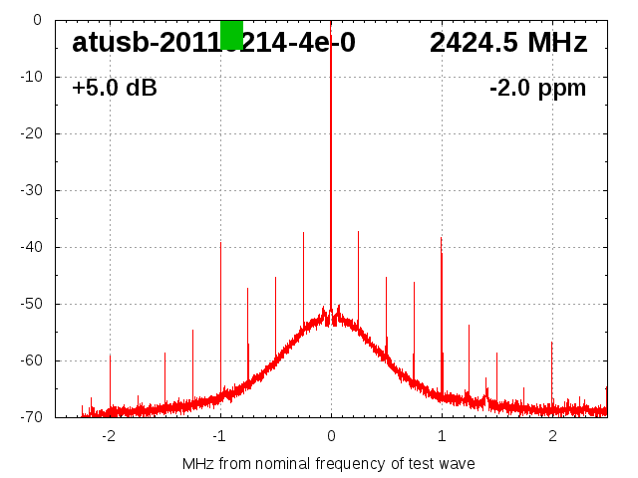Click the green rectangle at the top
pyautogui.click(x=231, y=34)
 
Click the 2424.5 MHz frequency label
pyautogui.click(x=508, y=43)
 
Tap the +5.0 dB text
pyautogui.click(x=115, y=88)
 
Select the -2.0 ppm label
pyautogui.click(x=537, y=88)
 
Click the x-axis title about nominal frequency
pyautogui.click(x=328, y=463)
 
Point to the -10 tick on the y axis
pyautogui.click(x=32, y=77)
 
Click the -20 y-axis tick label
pyautogui.click(x=32, y=133)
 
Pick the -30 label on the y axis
pyautogui.click(x=32, y=190)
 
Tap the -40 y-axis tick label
pyautogui.click(x=32, y=247)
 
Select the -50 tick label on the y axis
pyautogui.click(x=32, y=304)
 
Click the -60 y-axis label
pyautogui.click(x=32, y=360)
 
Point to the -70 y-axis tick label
pyautogui.click(x=32, y=417)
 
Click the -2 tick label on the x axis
pyautogui.click(x=108, y=435)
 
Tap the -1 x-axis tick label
pyautogui.click(x=218, y=435)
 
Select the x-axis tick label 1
pyautogui.click(x=442, y=435)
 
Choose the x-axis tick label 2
pyautogui.click(x=552, y=435)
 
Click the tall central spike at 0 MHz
pyautogui.click(x=331, y=149)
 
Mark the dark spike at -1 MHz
pyautogui.click(x=220, y=299)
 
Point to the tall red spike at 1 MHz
pyautogui.click(x=442, y=299)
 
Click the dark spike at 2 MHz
pyautogui.click(x=551, y=368)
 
